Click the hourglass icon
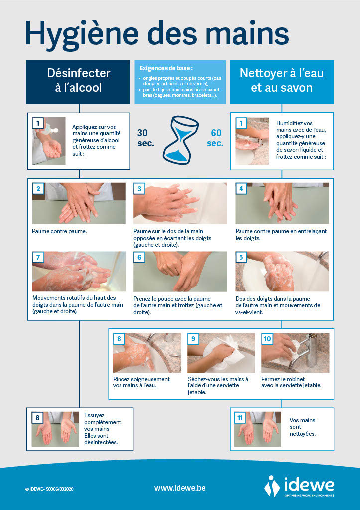pos(180,139)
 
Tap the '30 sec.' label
pos(145,138)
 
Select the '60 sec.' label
pos(215,138)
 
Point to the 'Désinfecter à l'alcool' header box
pos(78,81)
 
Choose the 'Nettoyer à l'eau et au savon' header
pos(282,81)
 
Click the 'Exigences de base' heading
pos(166,68)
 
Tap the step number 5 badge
pos(241,257)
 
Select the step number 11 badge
pos(240,418)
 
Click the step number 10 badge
pos(267,339)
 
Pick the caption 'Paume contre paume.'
pos(59,231)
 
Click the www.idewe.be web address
pos(180,488)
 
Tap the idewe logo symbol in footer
pos(272,486)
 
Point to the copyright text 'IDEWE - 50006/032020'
pos(49,489)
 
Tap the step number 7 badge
pos(38,257)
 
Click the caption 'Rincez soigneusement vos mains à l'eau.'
pos(141,382)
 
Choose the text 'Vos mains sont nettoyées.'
pos(302,427)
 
